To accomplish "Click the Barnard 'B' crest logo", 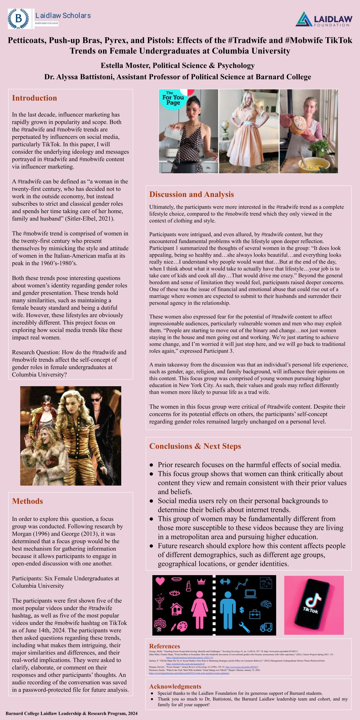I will pos(19,19).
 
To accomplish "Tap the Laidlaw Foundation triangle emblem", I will pos(304,19).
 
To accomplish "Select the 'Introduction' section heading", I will pos(35,98).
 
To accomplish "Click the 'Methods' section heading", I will pos(27,501).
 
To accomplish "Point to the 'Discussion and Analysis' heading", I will pos(192,194).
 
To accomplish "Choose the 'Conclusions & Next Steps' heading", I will pos(195,446).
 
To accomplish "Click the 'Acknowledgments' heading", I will pos(175,687).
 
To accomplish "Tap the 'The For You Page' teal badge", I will pos(173,100).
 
